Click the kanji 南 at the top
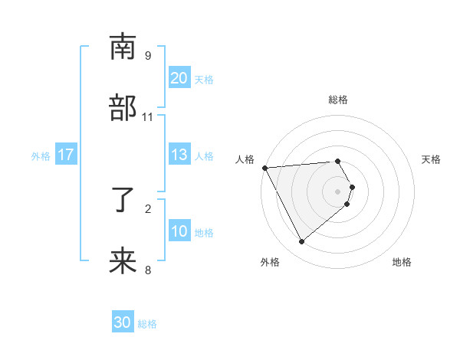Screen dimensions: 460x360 (123, 47)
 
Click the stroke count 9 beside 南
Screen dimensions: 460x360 (148, 56)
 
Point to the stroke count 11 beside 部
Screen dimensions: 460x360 (148, 116)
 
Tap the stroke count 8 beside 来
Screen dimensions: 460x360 (148, 270)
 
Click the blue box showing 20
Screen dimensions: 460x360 (179, 78)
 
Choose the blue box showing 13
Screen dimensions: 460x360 (179, 155)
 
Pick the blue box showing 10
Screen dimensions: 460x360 (179, 231)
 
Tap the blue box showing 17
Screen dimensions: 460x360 (65, 155)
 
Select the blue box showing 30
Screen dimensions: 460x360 (123, 322)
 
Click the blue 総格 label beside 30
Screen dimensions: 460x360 (147, 324)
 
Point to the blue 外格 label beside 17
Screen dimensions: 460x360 (41, 156)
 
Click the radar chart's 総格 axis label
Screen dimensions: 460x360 (338, 100)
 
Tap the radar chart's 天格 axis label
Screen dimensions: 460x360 (432, 159)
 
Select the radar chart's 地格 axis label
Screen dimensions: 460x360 (402, 262)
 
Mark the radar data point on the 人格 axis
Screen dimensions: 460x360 (264, 168)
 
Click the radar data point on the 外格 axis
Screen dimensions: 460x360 (301, 242)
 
